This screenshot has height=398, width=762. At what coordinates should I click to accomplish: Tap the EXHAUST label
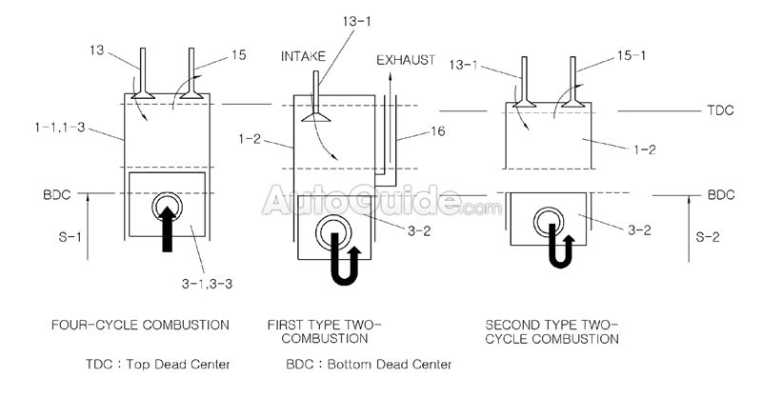pos(405,60)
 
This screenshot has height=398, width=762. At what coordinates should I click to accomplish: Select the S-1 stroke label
pos(69,231)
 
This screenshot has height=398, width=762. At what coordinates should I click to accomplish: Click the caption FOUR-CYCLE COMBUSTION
pos(139,326)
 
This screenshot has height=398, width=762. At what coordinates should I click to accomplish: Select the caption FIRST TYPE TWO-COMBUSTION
pos(324,331)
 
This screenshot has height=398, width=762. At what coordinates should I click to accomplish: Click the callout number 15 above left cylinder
pos(238,55)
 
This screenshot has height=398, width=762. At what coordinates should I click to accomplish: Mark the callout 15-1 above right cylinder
pos(610,59)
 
